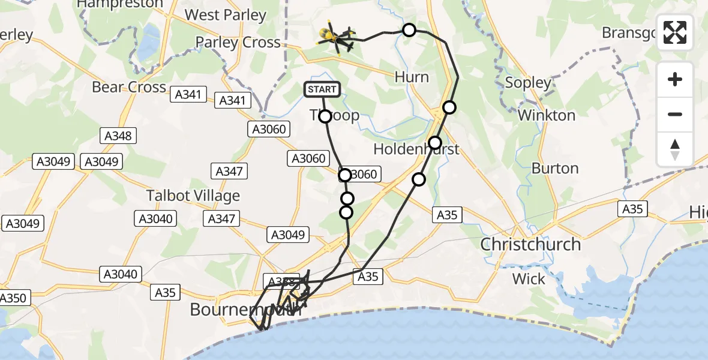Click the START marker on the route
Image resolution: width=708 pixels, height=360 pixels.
click(323, 90)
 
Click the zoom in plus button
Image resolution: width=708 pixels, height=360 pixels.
click(675, 80)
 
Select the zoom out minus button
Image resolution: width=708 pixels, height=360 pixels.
click(675, 114)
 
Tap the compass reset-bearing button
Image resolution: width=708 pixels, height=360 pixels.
click(675, 149)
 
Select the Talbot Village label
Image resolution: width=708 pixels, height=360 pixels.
click(193, 196)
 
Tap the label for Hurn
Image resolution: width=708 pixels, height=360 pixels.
click(412, 77)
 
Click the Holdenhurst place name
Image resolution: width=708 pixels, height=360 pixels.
click(416, 149)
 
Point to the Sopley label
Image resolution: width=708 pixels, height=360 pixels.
click(528, 83)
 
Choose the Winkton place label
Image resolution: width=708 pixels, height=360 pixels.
click(547, 115)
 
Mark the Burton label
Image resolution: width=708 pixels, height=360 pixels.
click(555, 169)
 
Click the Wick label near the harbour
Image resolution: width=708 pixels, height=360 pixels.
click(529, 279)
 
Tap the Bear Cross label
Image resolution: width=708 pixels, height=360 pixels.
click(129, 88)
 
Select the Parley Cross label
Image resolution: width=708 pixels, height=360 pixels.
click(238, 43)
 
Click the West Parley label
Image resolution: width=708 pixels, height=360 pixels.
click(226, 15)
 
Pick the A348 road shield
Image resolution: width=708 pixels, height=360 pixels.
click(118, 136)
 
